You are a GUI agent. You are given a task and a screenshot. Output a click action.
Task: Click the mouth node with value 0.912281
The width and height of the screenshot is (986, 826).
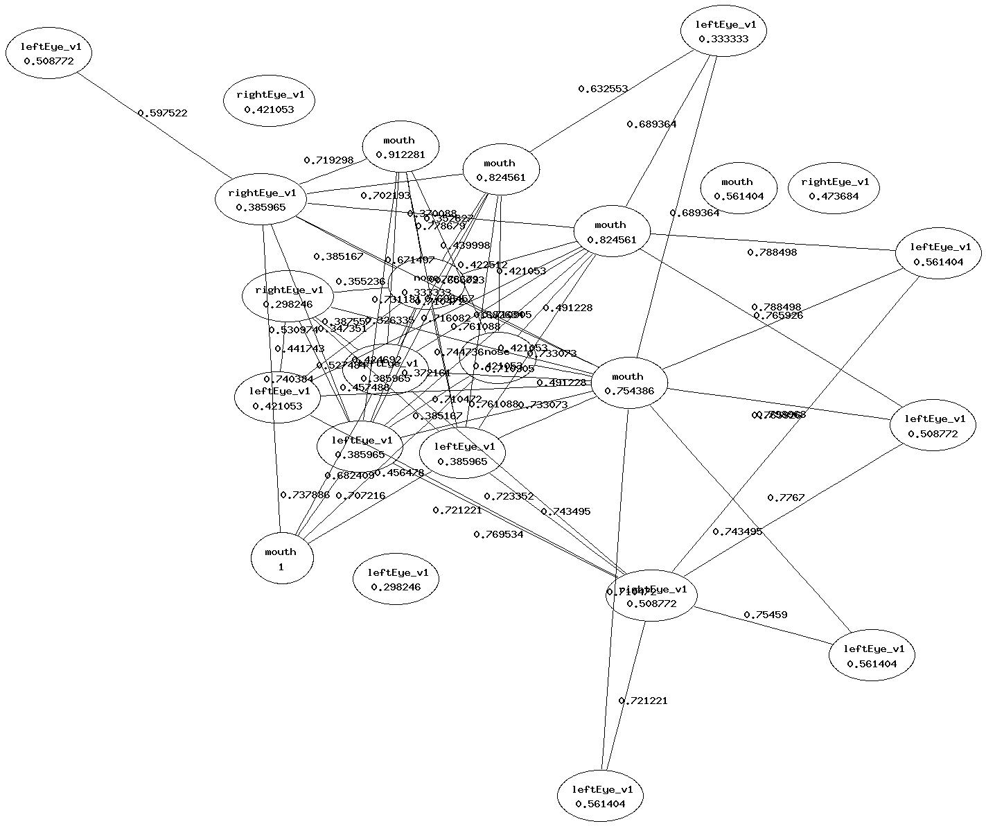tap(400, 147)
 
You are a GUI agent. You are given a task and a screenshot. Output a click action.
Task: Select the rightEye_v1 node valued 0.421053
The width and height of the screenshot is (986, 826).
tap(269, 102)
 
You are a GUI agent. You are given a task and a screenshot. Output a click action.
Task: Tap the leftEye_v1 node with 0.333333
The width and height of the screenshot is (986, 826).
tap(723, 32)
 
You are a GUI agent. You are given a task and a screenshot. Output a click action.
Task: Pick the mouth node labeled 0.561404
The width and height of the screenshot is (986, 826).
tap(737, 188)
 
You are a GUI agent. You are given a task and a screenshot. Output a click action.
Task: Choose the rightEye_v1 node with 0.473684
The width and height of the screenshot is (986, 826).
tap(834, 188)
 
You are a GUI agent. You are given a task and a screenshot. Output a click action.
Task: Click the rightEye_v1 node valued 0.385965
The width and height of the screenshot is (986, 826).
tap(261, 200)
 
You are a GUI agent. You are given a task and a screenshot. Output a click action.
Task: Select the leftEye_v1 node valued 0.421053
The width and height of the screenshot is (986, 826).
tap(276, 398)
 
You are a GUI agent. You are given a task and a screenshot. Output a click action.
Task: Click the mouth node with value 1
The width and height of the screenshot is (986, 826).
tap(281, 559)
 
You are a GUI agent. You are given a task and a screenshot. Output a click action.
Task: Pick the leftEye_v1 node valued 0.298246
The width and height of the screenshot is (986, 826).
tap(397, 579)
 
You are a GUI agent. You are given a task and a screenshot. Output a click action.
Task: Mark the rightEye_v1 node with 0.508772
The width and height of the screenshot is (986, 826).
tap(651, 597)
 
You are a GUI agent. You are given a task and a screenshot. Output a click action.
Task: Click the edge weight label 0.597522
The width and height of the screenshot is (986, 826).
tap(162, 113)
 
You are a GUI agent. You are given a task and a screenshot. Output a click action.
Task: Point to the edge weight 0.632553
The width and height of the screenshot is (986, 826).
tap(603, 89)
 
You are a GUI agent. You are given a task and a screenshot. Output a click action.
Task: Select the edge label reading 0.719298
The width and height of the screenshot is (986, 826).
tap(328, 160)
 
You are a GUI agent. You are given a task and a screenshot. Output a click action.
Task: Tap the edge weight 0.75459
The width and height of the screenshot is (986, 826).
tap(765, 615)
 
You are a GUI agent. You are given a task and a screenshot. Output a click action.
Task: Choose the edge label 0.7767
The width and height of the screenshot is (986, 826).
tap(786, 498)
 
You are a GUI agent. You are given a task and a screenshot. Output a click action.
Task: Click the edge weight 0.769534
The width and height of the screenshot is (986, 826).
tap(498, 534)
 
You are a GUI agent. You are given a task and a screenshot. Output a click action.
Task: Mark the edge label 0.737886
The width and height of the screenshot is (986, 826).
tap(304, 495)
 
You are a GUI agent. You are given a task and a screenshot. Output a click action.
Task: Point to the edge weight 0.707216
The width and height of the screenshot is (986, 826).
tap(360, 495)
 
